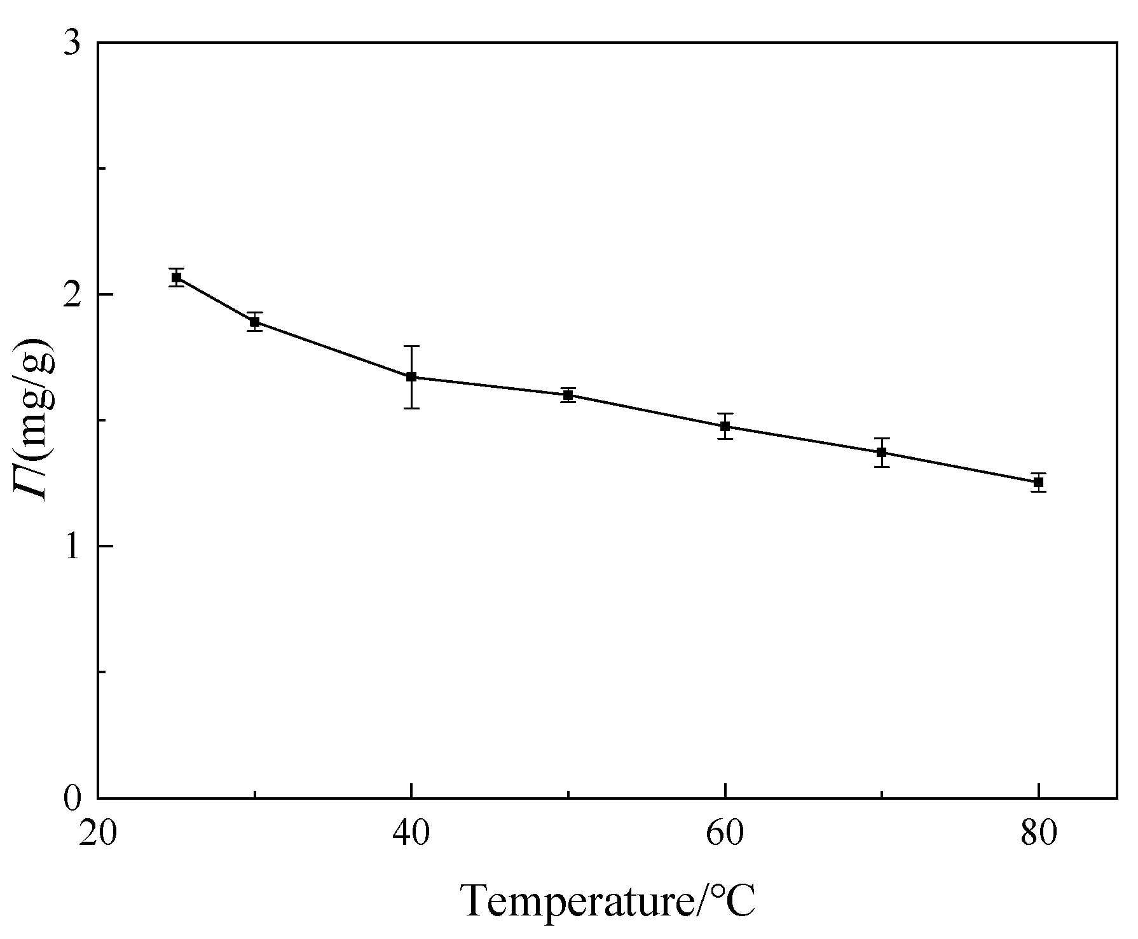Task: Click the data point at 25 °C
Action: click(176, 277)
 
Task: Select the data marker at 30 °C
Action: click(254, 322)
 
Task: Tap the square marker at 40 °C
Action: click(411, 376)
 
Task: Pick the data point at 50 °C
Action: click(568, 395)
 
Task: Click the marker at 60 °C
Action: click(725, 426)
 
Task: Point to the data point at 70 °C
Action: click(881, 452)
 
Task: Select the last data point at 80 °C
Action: click(1038, 482)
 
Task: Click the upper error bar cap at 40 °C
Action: click(411, 346)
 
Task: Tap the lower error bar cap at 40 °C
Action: click(411, 408)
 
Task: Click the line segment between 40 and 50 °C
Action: click(490, 386)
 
